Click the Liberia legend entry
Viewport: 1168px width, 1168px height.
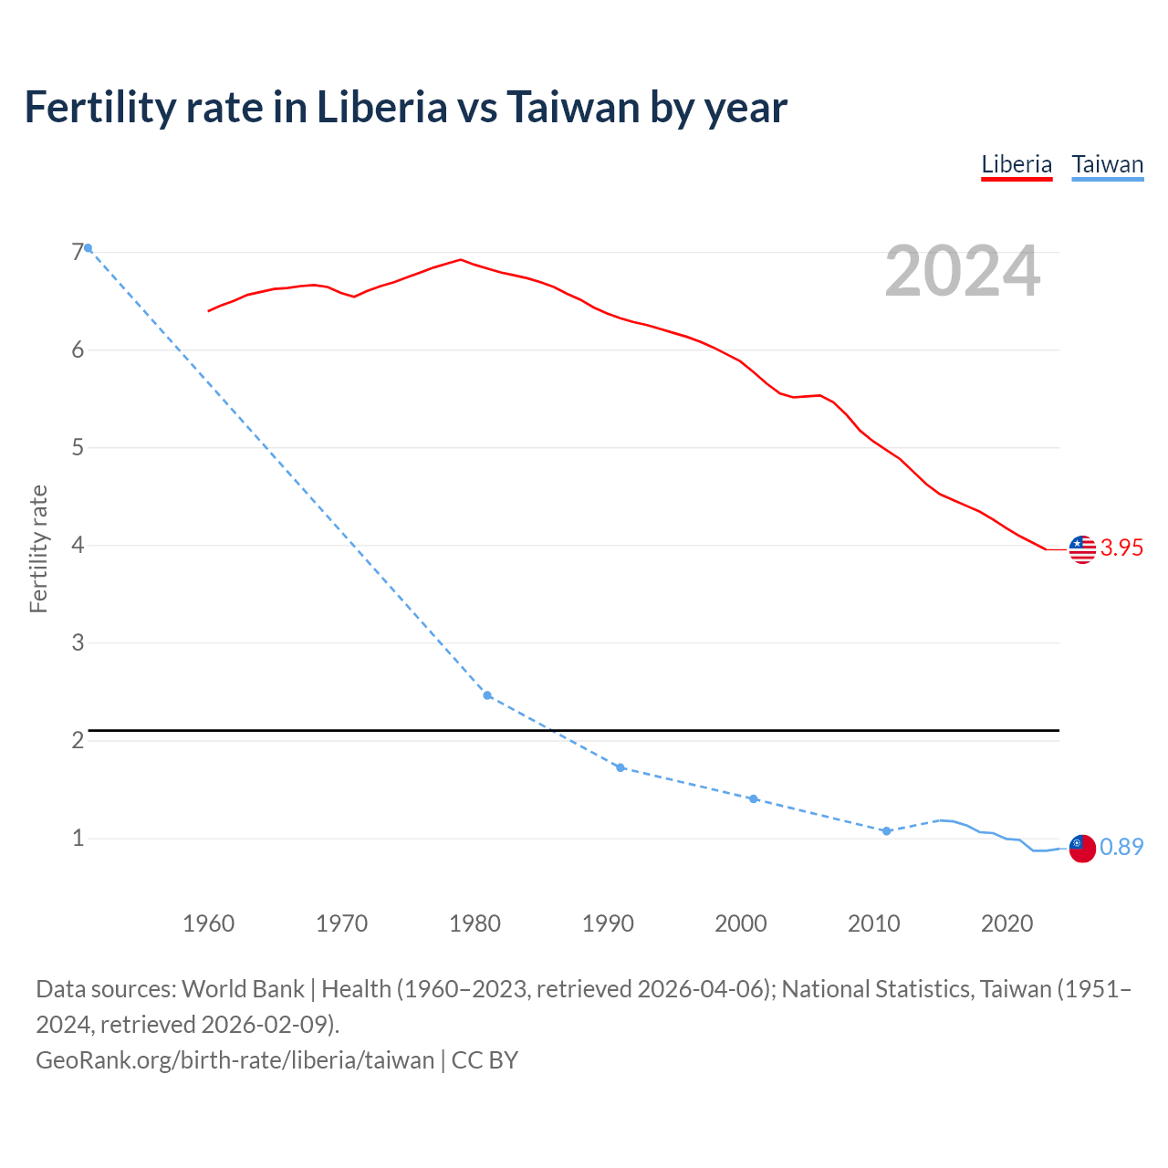point(1017,165)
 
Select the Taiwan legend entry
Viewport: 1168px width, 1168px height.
point(1107,165)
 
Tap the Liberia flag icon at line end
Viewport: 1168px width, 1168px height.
point(1082,549)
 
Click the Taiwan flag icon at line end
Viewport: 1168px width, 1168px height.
point(1082,848)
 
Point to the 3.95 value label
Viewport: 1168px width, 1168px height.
point(1121,547)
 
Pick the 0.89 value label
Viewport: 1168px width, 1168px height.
point(1121,847)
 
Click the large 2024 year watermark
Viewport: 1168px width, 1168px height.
point(963,271)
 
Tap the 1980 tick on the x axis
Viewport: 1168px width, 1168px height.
point(474,923)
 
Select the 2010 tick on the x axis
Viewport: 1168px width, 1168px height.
point(873,923)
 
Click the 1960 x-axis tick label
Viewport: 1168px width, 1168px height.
point(209,923)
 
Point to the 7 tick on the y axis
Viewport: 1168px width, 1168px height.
point(78,252)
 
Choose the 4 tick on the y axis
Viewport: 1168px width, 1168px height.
point(78,545)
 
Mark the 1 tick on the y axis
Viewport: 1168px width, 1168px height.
point(78,838)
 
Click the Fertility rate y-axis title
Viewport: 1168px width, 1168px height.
point(38,549)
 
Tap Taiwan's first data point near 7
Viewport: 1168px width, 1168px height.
point(88,248)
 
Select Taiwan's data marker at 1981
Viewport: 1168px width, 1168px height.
point(487,695)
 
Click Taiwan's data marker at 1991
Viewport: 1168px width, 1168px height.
point(620,767)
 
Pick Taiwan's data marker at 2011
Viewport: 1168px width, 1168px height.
point(886,831)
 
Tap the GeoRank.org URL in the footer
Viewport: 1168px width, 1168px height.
point(235,1060)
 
